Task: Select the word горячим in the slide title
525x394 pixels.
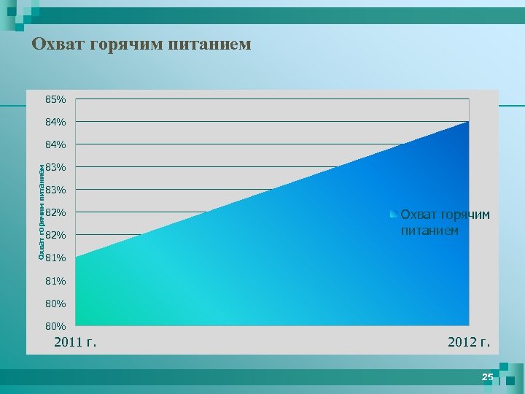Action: [x=125, y=45]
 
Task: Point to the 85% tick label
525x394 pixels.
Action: [x=55, y=98]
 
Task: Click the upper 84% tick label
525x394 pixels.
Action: [x=55, y=121]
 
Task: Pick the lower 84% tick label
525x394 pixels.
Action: [x=55, y=144]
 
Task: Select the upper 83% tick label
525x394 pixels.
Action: [x=55, y=167]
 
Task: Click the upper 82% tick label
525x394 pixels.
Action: [x=55, y=212]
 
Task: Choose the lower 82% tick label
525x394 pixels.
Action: [x=55, y=235]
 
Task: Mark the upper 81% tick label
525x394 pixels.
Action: [x=55, y=258]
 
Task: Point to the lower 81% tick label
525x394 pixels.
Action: [x=55, y=280]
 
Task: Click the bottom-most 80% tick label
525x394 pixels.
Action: [x=55, y=325]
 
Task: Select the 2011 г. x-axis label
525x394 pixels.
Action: [x=76, y=341]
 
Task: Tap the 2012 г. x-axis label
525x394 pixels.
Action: [x=469, y=341]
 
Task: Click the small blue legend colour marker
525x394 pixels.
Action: [x=394, y=214]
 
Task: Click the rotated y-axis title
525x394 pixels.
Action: [x=42, y=212]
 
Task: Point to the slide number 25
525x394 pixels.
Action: [x=487, y=376]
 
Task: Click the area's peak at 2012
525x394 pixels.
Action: [x=468, y=122]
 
